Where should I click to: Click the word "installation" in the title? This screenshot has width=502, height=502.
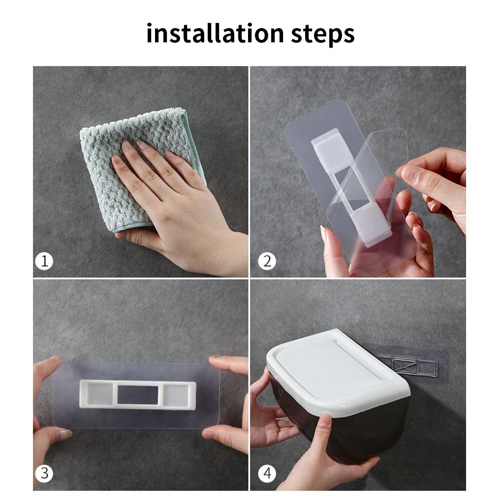[x=215, y=34]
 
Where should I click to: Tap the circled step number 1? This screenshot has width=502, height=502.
[x=44, y=261]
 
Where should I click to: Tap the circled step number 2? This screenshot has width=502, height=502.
[x=267, y=261]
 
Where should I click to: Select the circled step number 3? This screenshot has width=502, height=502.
[x=44, y=473]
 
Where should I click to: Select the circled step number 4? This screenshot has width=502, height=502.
[x=267, y=473]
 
